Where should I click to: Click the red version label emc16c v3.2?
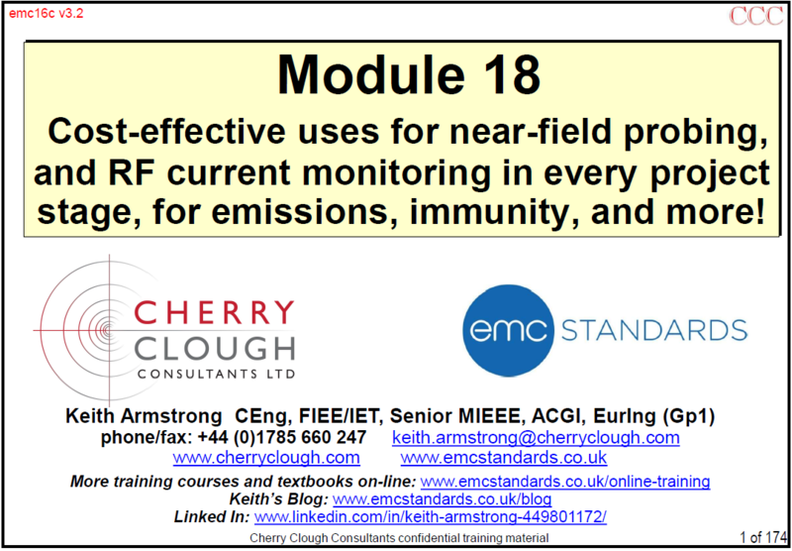click(46, 14)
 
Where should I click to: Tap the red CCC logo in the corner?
click(755, 16)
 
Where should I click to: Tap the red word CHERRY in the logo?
click(216, 312)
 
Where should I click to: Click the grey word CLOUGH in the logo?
click(216, 350)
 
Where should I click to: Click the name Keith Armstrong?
click(144, 417)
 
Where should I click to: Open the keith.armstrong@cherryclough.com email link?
click(536, 438)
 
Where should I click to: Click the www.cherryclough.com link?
click(266, 458)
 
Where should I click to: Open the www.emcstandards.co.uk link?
click(504, 458)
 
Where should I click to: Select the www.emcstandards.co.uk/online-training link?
click(565, 481)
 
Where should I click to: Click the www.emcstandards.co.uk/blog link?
click(442, 499)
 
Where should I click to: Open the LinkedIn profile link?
click(431, 517)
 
